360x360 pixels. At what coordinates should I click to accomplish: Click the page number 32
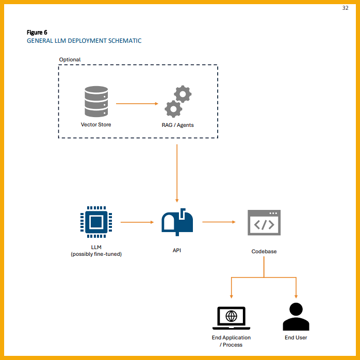346,8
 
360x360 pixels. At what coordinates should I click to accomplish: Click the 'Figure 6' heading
37,32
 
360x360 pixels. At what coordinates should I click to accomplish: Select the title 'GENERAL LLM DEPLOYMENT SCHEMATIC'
84,41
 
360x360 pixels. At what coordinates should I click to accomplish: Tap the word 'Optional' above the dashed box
70,60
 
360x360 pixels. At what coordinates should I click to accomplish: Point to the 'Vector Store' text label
96,125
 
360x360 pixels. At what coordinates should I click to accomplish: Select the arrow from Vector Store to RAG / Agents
137,104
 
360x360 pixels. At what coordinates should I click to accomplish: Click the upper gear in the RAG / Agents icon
183,94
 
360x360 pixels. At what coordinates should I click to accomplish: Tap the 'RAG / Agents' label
177,125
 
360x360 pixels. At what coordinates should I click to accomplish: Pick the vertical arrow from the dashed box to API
177,173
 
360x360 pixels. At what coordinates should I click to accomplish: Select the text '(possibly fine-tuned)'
96,254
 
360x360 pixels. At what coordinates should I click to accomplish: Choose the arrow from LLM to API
137,222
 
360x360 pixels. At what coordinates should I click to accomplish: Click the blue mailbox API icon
177,222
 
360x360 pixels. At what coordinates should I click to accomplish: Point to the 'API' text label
177,251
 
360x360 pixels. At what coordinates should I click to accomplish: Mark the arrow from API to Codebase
219,222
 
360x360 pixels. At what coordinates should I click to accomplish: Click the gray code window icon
264,223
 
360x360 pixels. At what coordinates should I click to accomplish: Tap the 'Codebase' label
264,252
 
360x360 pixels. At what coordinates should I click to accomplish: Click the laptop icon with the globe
231,317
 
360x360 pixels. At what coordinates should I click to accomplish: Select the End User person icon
296,317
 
